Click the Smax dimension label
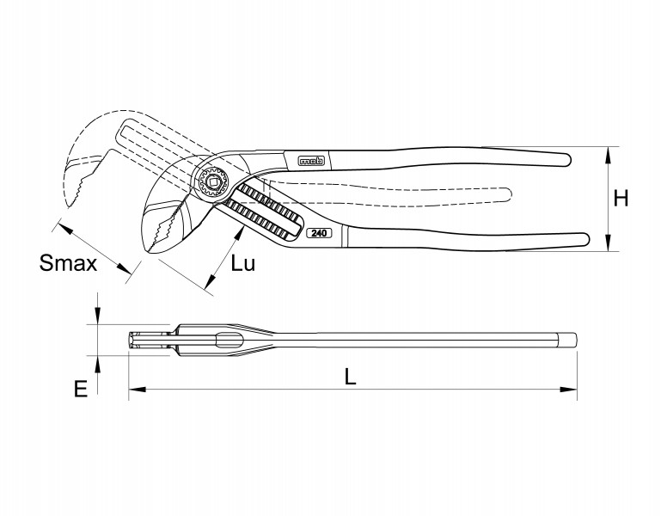[68, 263]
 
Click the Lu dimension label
[243, 263]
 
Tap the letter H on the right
[621, 199]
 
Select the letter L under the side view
[350, 377]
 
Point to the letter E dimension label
[81, 389]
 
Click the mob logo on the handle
[311, 161]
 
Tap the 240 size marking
[319, 233]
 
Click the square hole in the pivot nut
[212, 182]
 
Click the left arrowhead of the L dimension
[137, 389]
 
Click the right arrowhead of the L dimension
[569, 389]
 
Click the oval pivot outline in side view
[229, 341]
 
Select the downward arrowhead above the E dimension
[97, 316]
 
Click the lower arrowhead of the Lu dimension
[210, 281]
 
